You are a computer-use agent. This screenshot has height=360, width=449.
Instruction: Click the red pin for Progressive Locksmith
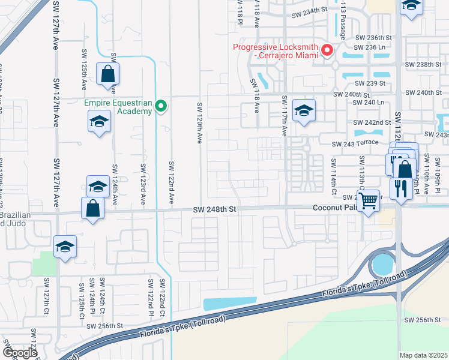tap(327, 50)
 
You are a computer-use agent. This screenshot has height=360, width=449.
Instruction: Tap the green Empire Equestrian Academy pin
tap(160, 107)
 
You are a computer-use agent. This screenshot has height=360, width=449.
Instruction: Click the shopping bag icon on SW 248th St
tap(93, 209)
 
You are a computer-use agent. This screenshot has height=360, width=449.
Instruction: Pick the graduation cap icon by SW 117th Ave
tap(304, 110)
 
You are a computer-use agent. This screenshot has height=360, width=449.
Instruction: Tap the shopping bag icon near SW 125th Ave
tap(107, 74)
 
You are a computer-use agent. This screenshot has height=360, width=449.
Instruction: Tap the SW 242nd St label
tap(372, 122)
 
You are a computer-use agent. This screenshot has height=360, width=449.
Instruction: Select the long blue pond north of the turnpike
tap(230, 304)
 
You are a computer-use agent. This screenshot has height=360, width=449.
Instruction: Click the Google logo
tap(20, 353)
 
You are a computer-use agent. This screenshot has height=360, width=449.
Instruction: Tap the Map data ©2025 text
tap(423, 355)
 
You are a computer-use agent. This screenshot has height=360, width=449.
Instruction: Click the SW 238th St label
tap(423, 64)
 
